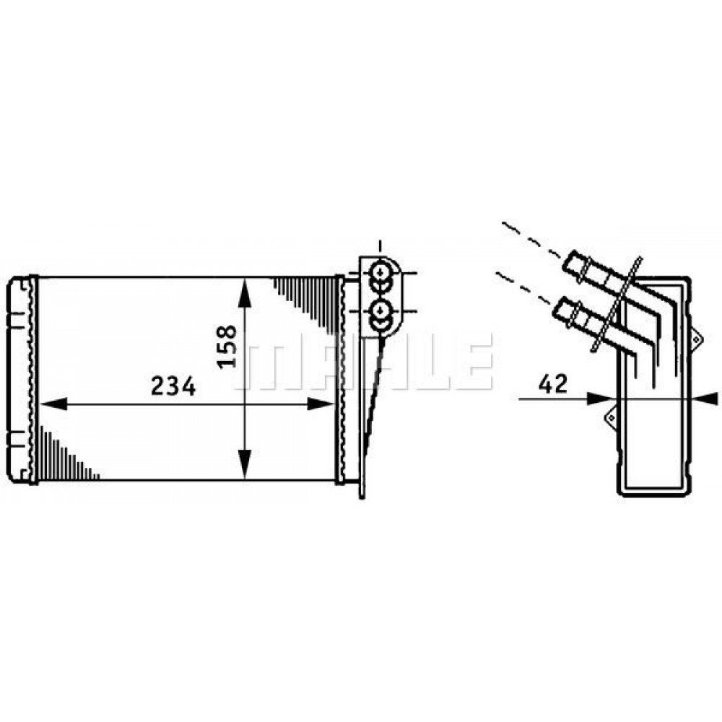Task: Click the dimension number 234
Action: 173,387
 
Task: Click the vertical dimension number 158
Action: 225,346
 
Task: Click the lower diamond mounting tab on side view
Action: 610,417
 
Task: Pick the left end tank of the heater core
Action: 20,378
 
